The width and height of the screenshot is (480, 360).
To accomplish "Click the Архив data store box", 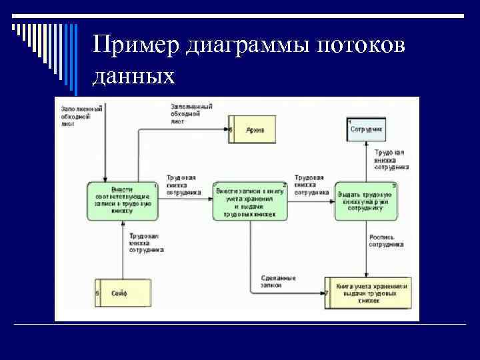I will (x=251, y=129).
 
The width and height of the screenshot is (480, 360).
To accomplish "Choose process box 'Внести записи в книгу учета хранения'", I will (x=251, y=201).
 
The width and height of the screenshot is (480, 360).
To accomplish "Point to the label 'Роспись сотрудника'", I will (x=386, y=241).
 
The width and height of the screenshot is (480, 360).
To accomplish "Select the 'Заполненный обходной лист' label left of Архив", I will (x=191, y=114).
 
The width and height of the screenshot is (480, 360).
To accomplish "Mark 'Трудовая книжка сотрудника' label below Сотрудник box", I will (x=391, y=161).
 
